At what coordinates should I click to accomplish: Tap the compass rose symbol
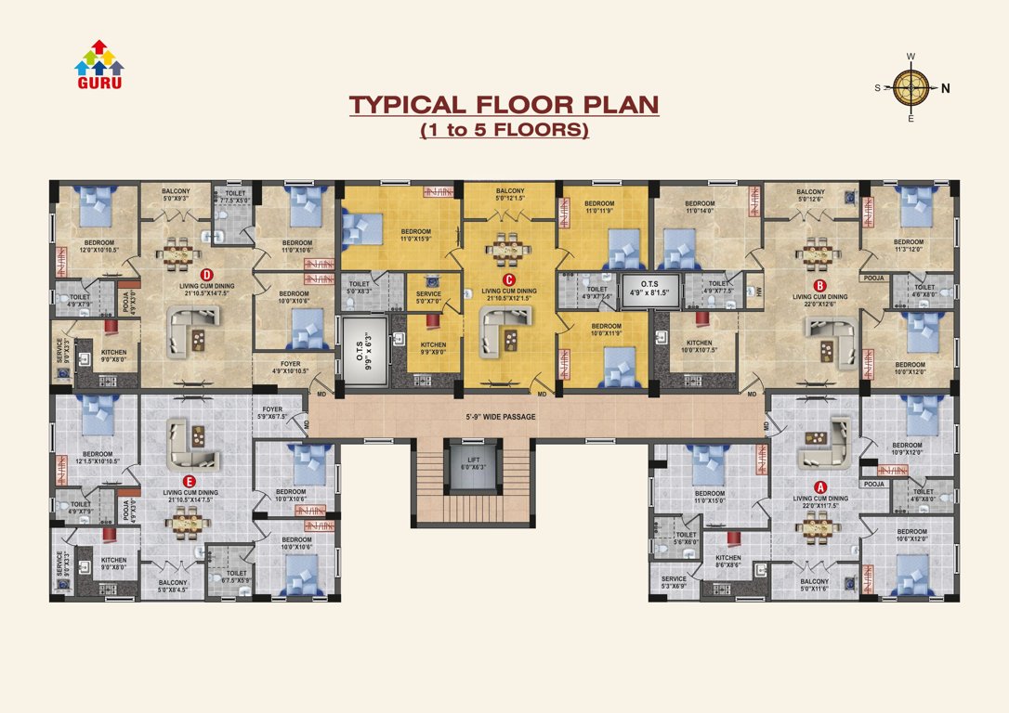(911, 88)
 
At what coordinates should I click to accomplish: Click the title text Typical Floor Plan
(504, 104)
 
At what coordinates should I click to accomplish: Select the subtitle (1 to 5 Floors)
(504, 130)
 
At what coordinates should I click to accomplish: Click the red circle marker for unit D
(206, 274)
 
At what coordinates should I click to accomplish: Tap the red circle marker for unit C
(508, 279)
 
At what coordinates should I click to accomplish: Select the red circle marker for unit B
(820, 285)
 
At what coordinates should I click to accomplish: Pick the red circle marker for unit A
(819, 486)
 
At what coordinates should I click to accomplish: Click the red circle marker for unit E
(190, 481)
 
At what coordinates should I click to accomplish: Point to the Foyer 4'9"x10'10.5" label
(289, 368)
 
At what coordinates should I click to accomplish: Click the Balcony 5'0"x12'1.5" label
(509, 194)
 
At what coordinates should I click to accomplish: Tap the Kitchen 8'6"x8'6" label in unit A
(728, 561)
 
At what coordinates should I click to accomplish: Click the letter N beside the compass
(945, 89)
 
